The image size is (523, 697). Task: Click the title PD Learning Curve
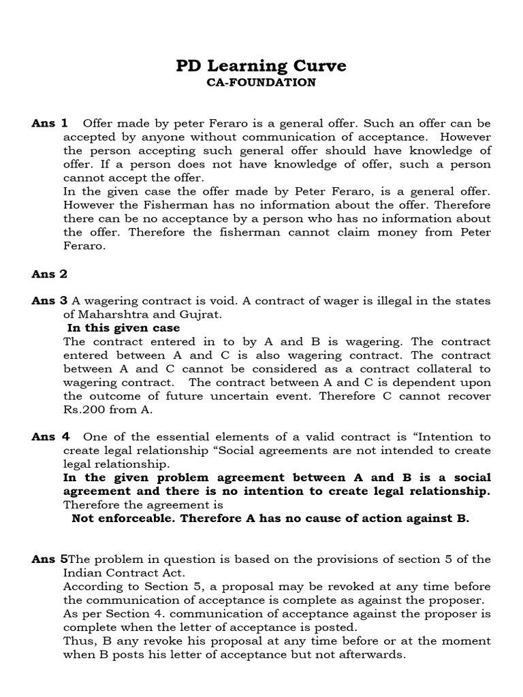(x=261, y=65)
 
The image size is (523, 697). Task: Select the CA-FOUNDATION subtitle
(x=261, y=82)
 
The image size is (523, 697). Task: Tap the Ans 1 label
(x=50, y=123)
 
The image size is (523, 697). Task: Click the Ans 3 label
(x=50, y=301)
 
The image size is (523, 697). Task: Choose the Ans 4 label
(x=50, y=437)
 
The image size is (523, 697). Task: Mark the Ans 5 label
(x=50, y=560)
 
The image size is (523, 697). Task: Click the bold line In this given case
(x=123, y=328)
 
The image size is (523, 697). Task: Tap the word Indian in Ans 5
(x=82, y=573)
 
